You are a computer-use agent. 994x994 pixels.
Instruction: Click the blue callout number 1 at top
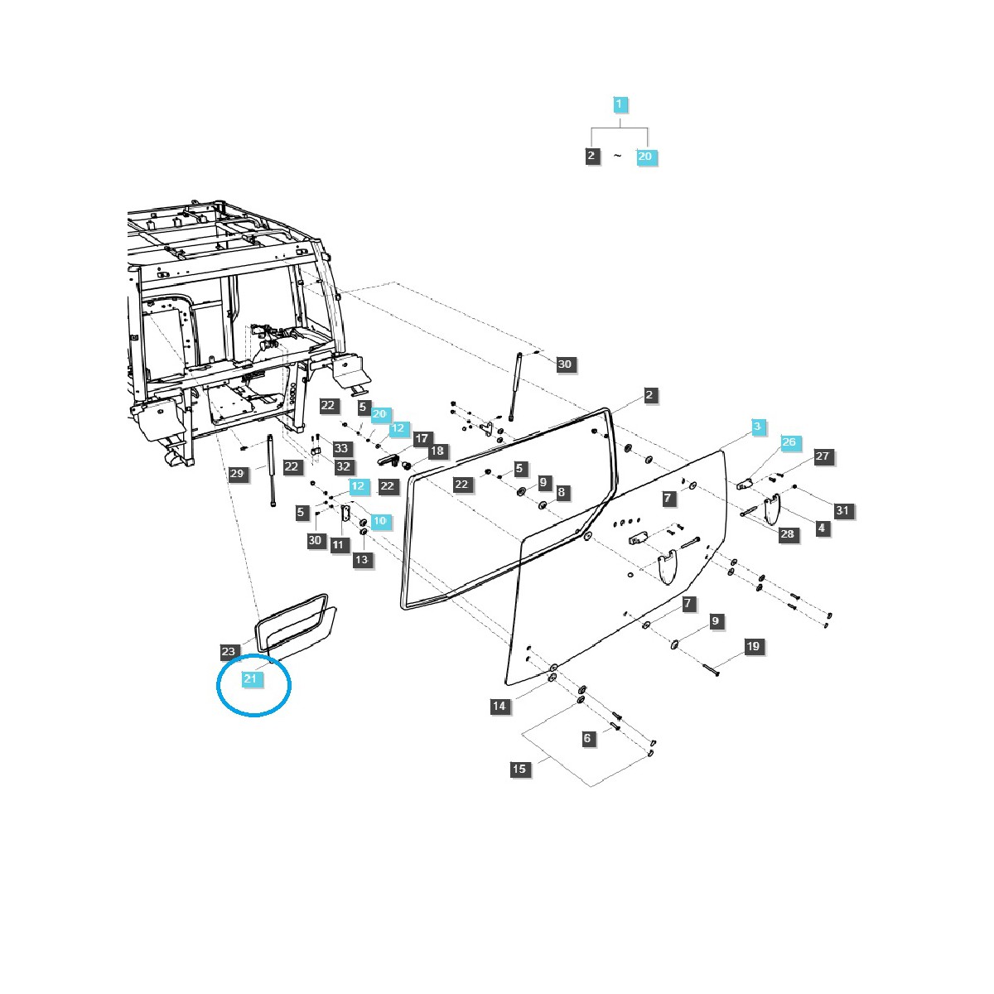point(620,105)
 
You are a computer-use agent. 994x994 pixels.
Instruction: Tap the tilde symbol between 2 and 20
point(617,156)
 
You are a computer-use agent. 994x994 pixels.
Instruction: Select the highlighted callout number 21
point(251,678)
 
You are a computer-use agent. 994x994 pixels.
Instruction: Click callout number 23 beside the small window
point(229,650)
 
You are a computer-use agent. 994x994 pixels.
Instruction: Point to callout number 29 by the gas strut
point(237,474)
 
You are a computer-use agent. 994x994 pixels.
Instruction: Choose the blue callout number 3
point(755,427)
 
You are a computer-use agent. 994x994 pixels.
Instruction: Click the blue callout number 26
point(789,442)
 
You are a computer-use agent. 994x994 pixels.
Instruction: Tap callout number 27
point(822,456)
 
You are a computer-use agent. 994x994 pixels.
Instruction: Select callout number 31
point(842,510)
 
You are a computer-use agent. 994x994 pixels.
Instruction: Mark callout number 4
point(821,528)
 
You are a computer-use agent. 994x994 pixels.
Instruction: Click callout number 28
point(787,533)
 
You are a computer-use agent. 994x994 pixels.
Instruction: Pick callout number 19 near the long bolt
point(753,646)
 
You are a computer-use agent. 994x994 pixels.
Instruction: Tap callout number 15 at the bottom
point(519,769)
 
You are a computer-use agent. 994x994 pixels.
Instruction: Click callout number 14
point(499,706)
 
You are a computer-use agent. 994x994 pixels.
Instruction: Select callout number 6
point(588,738)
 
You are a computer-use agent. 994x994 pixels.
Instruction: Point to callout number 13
point(361,560)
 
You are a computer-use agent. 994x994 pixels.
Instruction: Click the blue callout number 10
point(379,521)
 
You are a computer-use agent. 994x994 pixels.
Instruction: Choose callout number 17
point(422,437)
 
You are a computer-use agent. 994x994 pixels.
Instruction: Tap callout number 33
point(340,448)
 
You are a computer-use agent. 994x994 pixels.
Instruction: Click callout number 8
point(561,492)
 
